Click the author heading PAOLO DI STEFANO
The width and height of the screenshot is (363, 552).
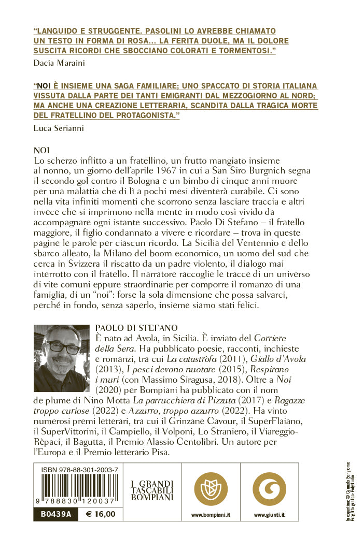click(137, 328)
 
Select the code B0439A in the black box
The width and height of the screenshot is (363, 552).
click(53, 514)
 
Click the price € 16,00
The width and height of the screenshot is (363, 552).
click(100, 514)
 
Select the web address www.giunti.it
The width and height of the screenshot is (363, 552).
click(269, 515)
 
